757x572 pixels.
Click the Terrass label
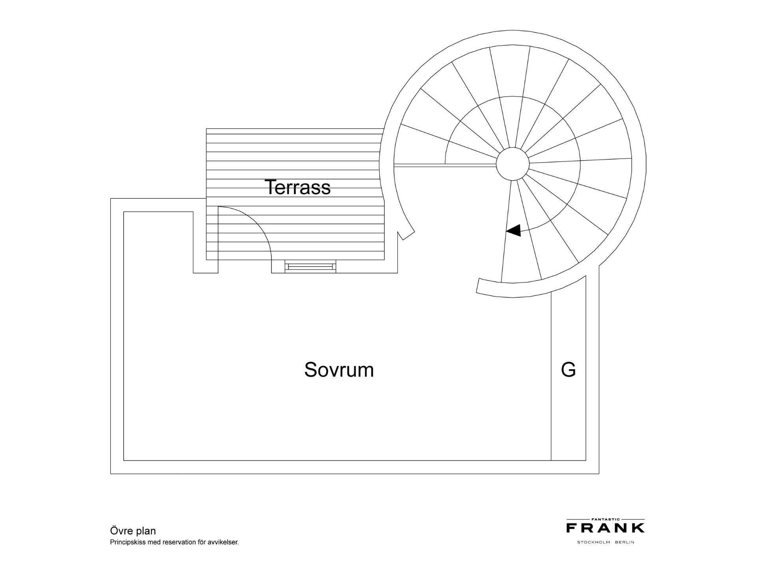pyautogui.click(x=298, y=187)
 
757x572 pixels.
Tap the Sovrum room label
pyautogui.click(x=339, y=370)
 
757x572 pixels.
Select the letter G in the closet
pyautogui.click(x=568, y=370)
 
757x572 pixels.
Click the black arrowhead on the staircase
pyautogui.click(x=513, y=230)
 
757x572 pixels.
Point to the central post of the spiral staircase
pyautogui.click(x=513, y=164)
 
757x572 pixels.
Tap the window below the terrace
pyautogui.click(x=310, y=266)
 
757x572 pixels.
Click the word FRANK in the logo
pyautogui.click(x=606, y=528)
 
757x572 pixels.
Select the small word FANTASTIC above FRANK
pyautogui.click(x=606, y=520)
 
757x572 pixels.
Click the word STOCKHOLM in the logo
pyautogui.click(x=594, y=542)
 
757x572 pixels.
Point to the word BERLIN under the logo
pyautogui.click(x=625, y=542)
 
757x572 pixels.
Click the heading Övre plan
pyautogui.click(x=133, y=531)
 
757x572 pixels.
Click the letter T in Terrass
pyautogui.click(x=270, y=187)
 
